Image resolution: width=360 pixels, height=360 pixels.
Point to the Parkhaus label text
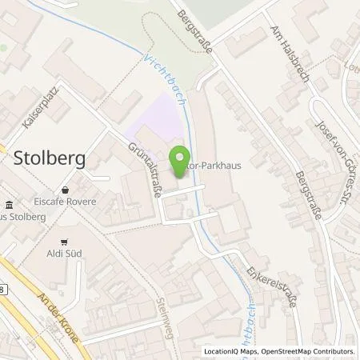[210, 158]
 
